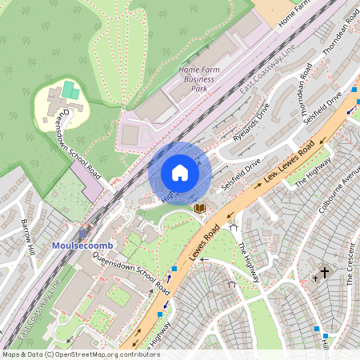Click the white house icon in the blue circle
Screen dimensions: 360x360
180,173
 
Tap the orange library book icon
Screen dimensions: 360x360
200,208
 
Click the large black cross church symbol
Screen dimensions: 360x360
326,272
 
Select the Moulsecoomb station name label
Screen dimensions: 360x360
78,244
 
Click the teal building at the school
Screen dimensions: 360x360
70,89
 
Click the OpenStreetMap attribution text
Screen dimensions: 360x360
80,354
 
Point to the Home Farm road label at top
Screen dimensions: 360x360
294,14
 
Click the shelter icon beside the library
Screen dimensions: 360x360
233,227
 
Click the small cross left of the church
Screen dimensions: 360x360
316,278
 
